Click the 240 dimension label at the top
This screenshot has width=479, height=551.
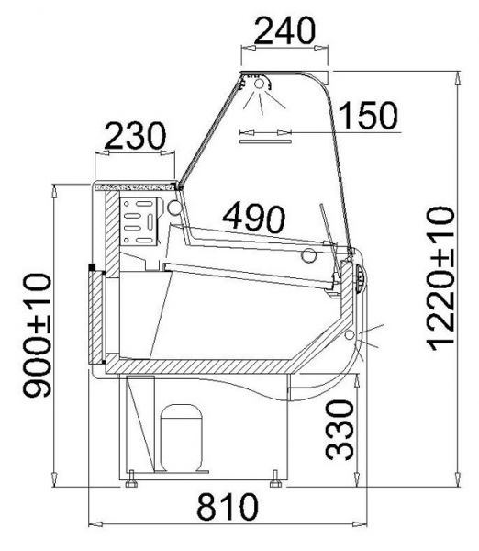[x=284, y=30]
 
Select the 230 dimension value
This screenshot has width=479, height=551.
[x=135, y=136]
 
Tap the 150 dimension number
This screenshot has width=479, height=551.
[x=368, y=115]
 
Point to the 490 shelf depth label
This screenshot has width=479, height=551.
[x=254, y=218]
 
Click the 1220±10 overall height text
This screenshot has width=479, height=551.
[x=440, y=278]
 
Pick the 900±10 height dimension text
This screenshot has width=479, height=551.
[x=38, y=335]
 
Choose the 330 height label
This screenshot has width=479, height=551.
[x=340, y=430]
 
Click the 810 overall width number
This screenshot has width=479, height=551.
[x=228, y=507]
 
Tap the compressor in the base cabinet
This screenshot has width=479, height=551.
[x=181, y=438]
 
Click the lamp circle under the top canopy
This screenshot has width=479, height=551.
[x=259, y=84]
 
